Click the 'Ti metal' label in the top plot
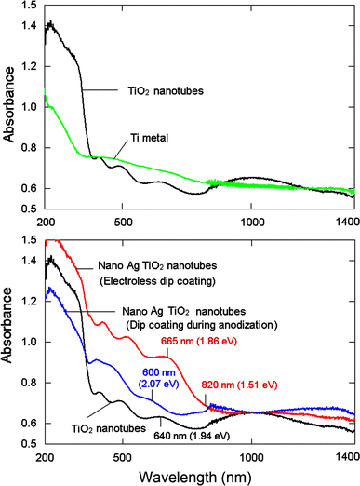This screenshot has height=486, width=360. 143,138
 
